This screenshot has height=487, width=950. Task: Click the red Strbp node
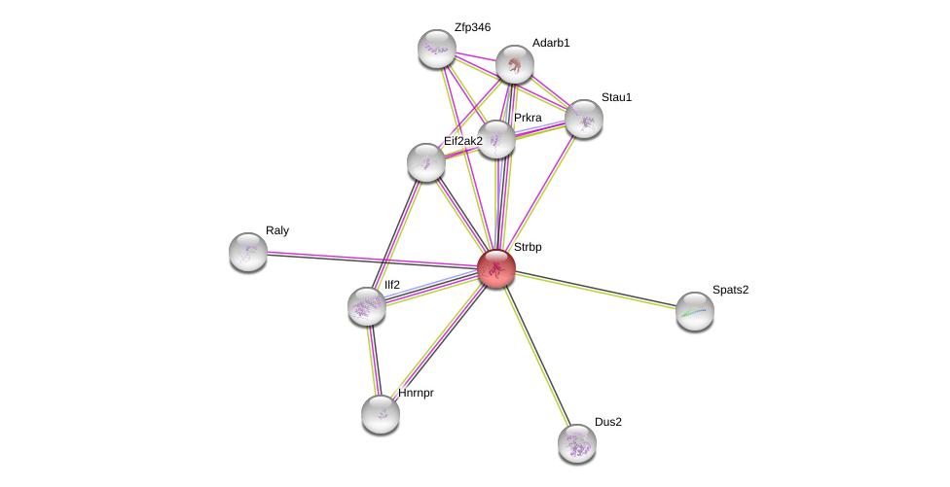click(495, 268)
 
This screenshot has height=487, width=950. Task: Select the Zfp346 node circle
click(436, 49)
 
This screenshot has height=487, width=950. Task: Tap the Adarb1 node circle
click(514, 64)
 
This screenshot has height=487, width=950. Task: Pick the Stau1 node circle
click(583, 119)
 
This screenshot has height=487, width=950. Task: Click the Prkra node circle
click(495, 139)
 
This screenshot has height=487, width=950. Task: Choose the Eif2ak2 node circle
click(425, 162)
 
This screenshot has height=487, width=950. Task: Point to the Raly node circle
click(248, 252)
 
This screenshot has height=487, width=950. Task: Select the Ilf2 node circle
click(367, 306)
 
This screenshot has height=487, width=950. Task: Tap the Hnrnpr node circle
click(381, 414)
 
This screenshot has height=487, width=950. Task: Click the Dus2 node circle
click(577, 443)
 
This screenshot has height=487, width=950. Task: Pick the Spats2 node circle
click(695, 311)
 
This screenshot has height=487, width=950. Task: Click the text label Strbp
click(528, 248)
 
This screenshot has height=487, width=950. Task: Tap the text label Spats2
click(730, 290)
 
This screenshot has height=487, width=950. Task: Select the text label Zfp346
click(472, 27)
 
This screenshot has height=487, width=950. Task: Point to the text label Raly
click(277, 231)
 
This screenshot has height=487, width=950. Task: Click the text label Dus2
click(607, 422)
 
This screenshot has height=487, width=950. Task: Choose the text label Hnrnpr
click(416, 393)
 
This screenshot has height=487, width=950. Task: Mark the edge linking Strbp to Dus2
click(536, 356)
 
